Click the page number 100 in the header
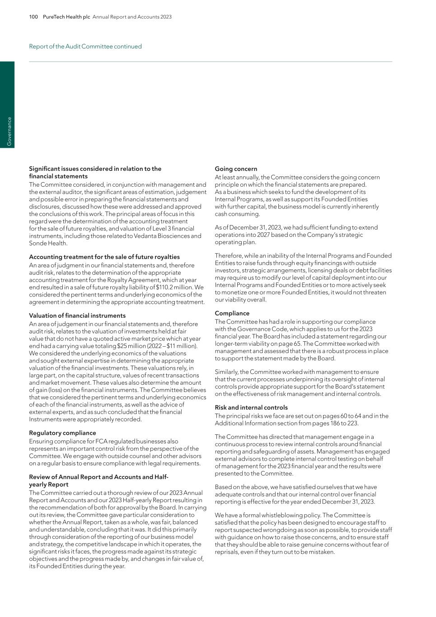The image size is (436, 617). (33, 17)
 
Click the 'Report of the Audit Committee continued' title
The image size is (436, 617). (85, 47)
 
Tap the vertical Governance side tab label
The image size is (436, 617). (9, 132)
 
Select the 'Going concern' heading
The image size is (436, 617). (236, 169)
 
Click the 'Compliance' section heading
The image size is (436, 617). (232, 313)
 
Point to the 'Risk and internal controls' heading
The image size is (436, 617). (251, 407)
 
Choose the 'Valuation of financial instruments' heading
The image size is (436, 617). (77, 316)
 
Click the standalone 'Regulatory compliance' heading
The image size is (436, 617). (62, 433)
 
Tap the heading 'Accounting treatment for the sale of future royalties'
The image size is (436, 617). (104, 257)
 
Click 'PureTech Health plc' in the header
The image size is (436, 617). (66, 17)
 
